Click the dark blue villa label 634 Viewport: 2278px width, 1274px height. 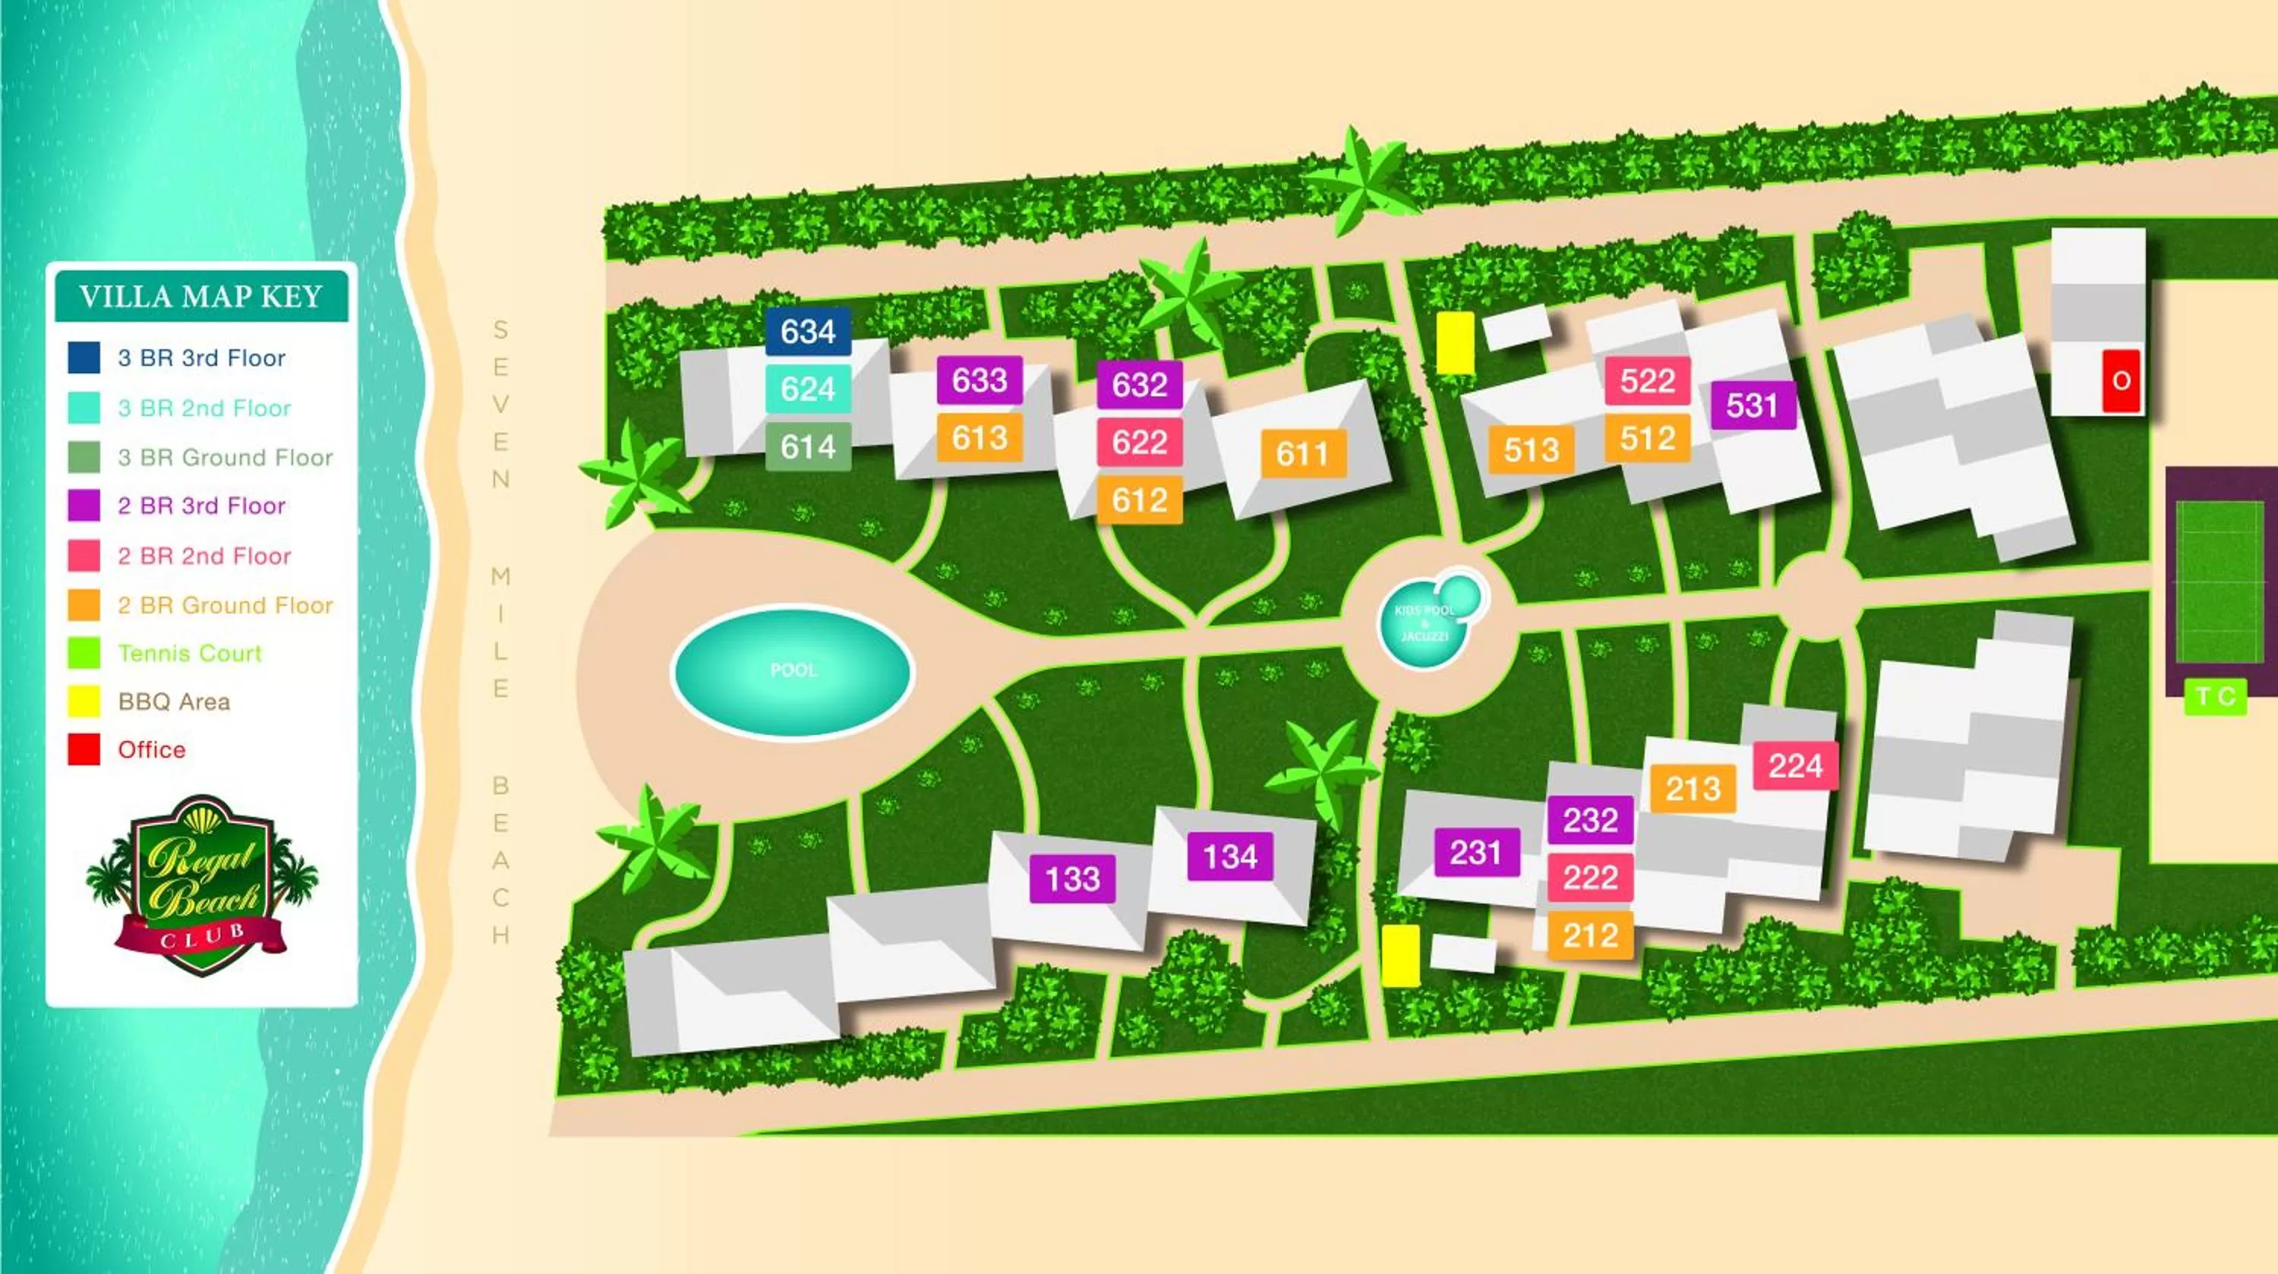(807, 332)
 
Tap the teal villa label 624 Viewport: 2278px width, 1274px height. (807, 389)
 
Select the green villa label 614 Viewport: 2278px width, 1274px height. (807, 446)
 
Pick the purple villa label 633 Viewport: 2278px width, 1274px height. (979, 380)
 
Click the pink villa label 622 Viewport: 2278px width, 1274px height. (1139, 442)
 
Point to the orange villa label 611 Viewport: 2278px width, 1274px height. (1302, 453)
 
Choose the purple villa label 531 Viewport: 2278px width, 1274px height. (1752, 405)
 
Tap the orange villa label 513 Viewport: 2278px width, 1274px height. (1531, 450)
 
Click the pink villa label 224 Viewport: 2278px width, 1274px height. (1795, 765)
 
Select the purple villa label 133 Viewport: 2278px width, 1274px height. (1071, 878)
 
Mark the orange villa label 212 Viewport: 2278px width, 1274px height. (1589, 935)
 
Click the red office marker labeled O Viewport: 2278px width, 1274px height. (2121, 381)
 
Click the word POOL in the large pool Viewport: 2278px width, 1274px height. (794, 670)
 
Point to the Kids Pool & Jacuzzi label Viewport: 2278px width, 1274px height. (1424, 623)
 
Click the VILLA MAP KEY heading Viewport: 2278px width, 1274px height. (200, 296)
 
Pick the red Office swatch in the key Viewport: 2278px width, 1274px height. (84, 749)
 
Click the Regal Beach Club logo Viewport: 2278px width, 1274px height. (202, 884)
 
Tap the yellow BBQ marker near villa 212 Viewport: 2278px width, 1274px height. (1400, 956)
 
